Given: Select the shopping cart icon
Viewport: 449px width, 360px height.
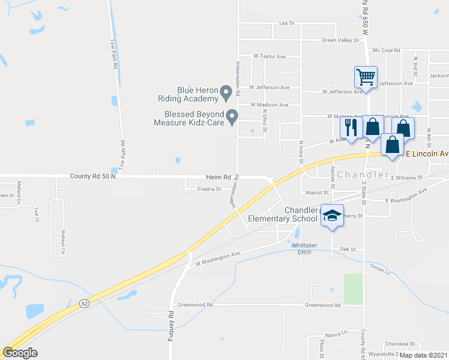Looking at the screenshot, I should click(365, 77).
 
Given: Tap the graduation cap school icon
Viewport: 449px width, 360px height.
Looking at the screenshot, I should click(331, 215).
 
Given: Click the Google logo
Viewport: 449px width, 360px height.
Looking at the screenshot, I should click(20, 353).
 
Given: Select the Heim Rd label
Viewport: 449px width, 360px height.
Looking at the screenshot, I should click(218, 177).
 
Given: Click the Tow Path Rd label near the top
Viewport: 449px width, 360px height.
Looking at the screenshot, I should click(113, 55).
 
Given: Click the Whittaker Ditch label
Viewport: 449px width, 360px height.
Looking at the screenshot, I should click(303, 248).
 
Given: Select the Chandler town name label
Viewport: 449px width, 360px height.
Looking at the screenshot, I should click(359, 175).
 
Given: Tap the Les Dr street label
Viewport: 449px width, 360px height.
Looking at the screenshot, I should click(288, 23).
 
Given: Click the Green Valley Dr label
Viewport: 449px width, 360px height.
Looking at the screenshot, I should click(340, 40).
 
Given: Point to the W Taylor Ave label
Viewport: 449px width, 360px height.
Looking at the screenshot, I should click(269, 56).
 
